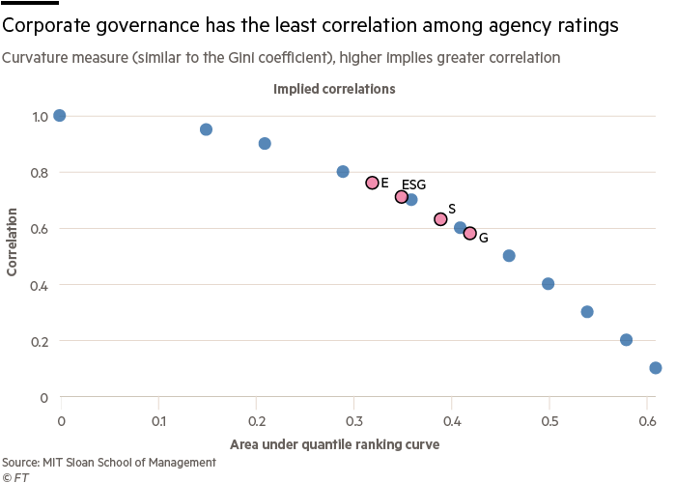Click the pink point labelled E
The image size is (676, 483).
372,183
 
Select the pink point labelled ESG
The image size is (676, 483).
402,197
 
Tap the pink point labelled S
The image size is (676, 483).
440,219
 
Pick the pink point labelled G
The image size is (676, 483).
470,233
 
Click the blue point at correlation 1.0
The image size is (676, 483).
60,116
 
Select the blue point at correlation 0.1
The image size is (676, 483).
656,368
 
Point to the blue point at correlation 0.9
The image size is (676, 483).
265,144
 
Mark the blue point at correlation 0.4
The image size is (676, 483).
549,284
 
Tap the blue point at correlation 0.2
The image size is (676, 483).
626,340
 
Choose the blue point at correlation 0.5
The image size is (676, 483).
509,256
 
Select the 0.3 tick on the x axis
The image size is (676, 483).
353,421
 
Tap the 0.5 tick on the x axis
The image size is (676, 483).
549,421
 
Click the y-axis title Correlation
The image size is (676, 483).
13,240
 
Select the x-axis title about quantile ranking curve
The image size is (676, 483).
334,444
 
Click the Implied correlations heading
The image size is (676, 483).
334,89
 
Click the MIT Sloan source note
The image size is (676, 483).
108,463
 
